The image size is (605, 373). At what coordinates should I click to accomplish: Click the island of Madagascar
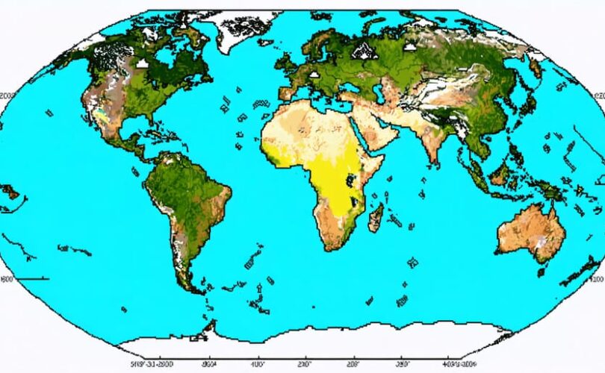376,217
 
